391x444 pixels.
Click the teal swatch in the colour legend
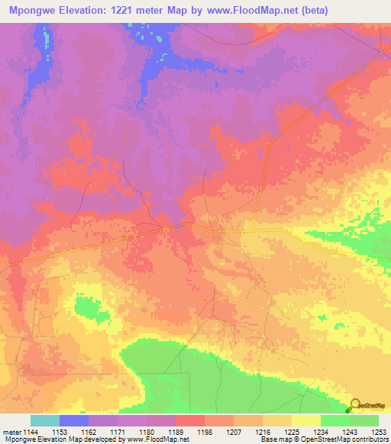tap(45, 420)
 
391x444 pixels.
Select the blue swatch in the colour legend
tap(74, 420)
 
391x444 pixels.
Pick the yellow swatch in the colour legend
tap(306, 420)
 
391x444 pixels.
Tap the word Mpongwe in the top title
tap(34, 11)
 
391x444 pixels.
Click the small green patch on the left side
tap(90, 309)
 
